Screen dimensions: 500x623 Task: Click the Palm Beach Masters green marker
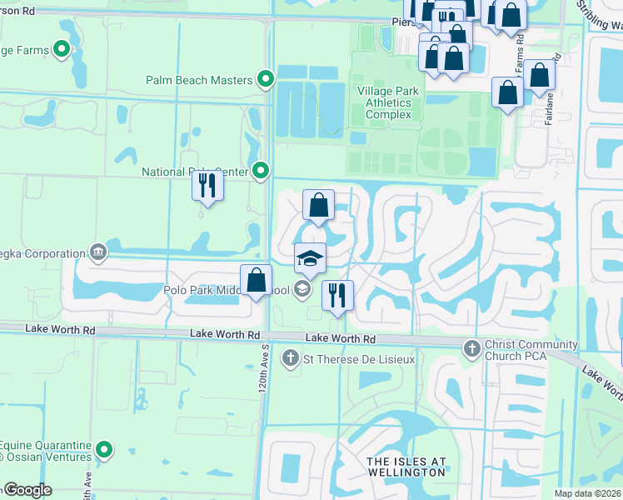(266, 80)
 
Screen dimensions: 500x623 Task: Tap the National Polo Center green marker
(261, 172)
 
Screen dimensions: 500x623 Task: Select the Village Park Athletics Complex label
(385, 102)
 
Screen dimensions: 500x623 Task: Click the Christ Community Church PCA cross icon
(471, 345)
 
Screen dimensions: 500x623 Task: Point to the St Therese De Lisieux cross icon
(291, 359)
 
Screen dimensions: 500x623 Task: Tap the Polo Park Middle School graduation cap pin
(310, 258)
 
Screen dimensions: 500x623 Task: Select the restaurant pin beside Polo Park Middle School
(337, 296)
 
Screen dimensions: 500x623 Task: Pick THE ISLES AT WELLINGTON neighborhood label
(407, 467)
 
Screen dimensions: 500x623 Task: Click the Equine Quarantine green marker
(104, 451)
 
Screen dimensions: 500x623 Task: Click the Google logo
(27, 490)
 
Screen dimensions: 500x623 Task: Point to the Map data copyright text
(588, 493)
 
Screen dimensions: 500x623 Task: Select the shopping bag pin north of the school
(318, 205)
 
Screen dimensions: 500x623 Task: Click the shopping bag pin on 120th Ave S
(257, 281)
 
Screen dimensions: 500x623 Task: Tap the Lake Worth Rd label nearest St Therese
(341, 338)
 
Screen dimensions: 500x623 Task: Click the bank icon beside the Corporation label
(98, 252)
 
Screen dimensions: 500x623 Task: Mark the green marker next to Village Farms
(62, 50)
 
